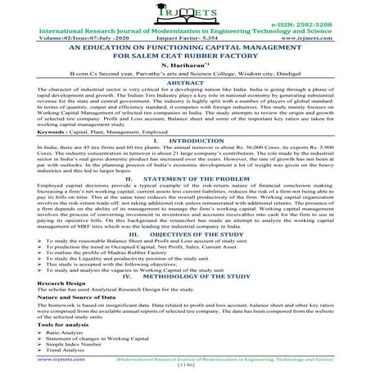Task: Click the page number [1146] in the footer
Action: pyautogui.click(x=185, y=365)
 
